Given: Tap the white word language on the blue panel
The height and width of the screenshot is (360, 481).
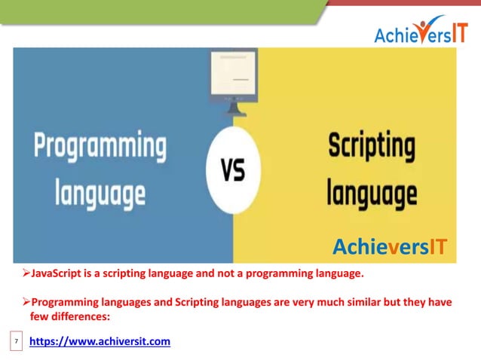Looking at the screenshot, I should [x=100, y=194].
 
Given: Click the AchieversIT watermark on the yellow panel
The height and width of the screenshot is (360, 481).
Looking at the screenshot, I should [x=390, y=246].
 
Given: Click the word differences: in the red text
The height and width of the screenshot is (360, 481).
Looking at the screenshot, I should [x=78, y=316].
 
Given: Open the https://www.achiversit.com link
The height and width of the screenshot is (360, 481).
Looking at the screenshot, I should [x=100, y=342].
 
